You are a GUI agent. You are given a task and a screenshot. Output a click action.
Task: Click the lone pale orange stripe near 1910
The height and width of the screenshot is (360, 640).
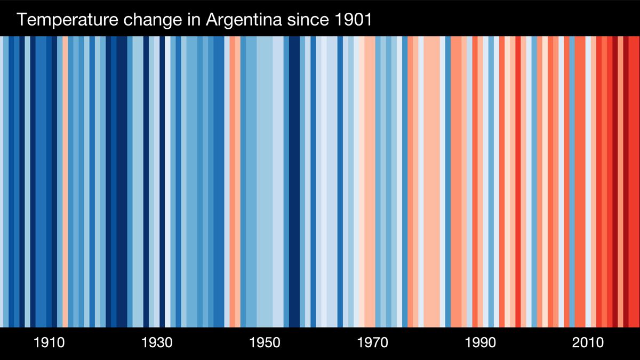[x=66, y=181]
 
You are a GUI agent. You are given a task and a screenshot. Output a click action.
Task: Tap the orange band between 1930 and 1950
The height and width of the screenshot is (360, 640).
[x=233, y=181]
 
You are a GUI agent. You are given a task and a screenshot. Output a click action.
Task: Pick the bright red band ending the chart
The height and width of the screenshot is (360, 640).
[x=634, y=181]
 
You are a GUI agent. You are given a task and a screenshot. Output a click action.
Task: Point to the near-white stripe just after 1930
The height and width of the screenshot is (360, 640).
[x=167, y=181]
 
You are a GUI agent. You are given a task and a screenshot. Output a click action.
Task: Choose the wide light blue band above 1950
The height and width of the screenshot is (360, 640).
[x=265, y=181]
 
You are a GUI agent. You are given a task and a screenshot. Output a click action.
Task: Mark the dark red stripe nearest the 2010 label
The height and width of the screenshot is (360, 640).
[x=615, y=181]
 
